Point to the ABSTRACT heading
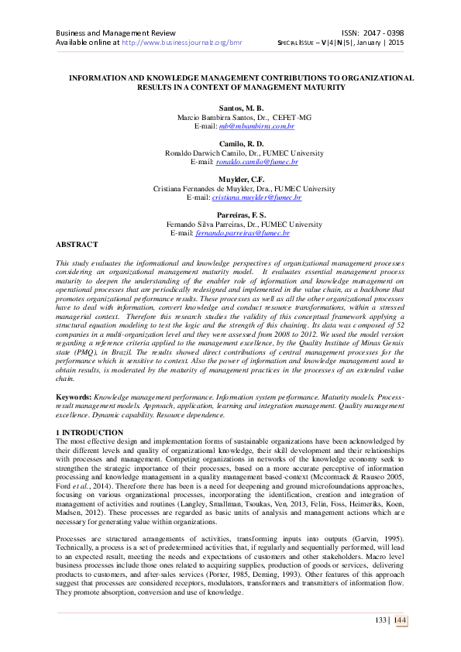(77, 244)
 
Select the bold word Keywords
(74, 396)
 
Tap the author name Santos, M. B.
(230, 108)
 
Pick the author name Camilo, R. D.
(230, 143)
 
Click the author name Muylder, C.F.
(230, 179)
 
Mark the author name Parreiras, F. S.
(230, 214)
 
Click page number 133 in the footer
(380, 619)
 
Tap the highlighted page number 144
(400, 619)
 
